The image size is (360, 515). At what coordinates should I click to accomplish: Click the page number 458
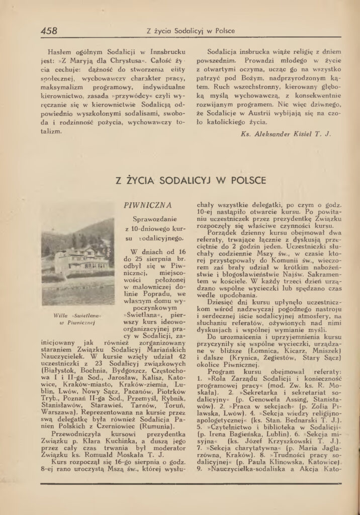(49, 30)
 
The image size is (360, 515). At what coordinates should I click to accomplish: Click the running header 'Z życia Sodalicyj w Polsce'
(190, 31)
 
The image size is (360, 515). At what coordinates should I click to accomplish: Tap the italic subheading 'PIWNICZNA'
(148, 205)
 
